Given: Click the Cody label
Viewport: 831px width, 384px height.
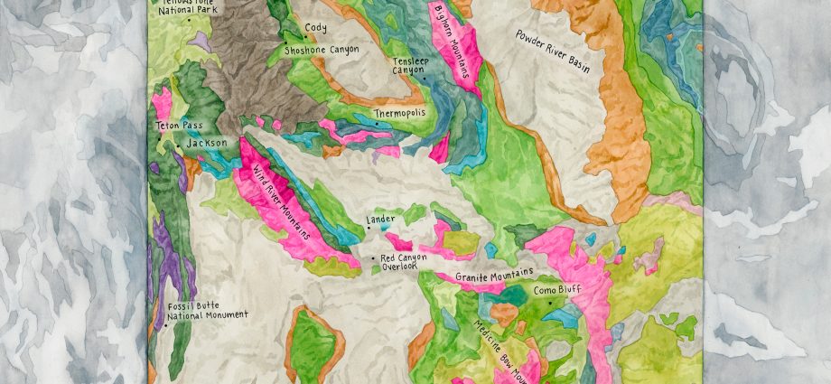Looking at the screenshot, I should pos(316,28).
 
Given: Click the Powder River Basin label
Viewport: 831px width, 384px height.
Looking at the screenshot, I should pos(560,53).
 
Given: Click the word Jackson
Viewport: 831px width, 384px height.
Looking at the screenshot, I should pos(208,143).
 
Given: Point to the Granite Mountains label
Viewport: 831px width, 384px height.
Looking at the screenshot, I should pos(494,275).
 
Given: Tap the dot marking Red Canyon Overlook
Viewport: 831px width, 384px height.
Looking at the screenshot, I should pos(374,258).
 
